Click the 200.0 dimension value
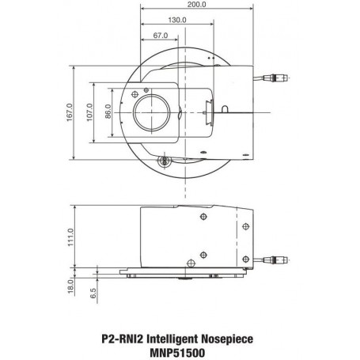197,5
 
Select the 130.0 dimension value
177,20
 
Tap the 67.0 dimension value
161,36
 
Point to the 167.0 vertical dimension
70,112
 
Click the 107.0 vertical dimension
90,112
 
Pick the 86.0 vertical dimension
108,112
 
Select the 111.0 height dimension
70,237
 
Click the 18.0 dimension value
70,286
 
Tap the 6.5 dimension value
93,294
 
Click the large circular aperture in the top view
152,112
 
